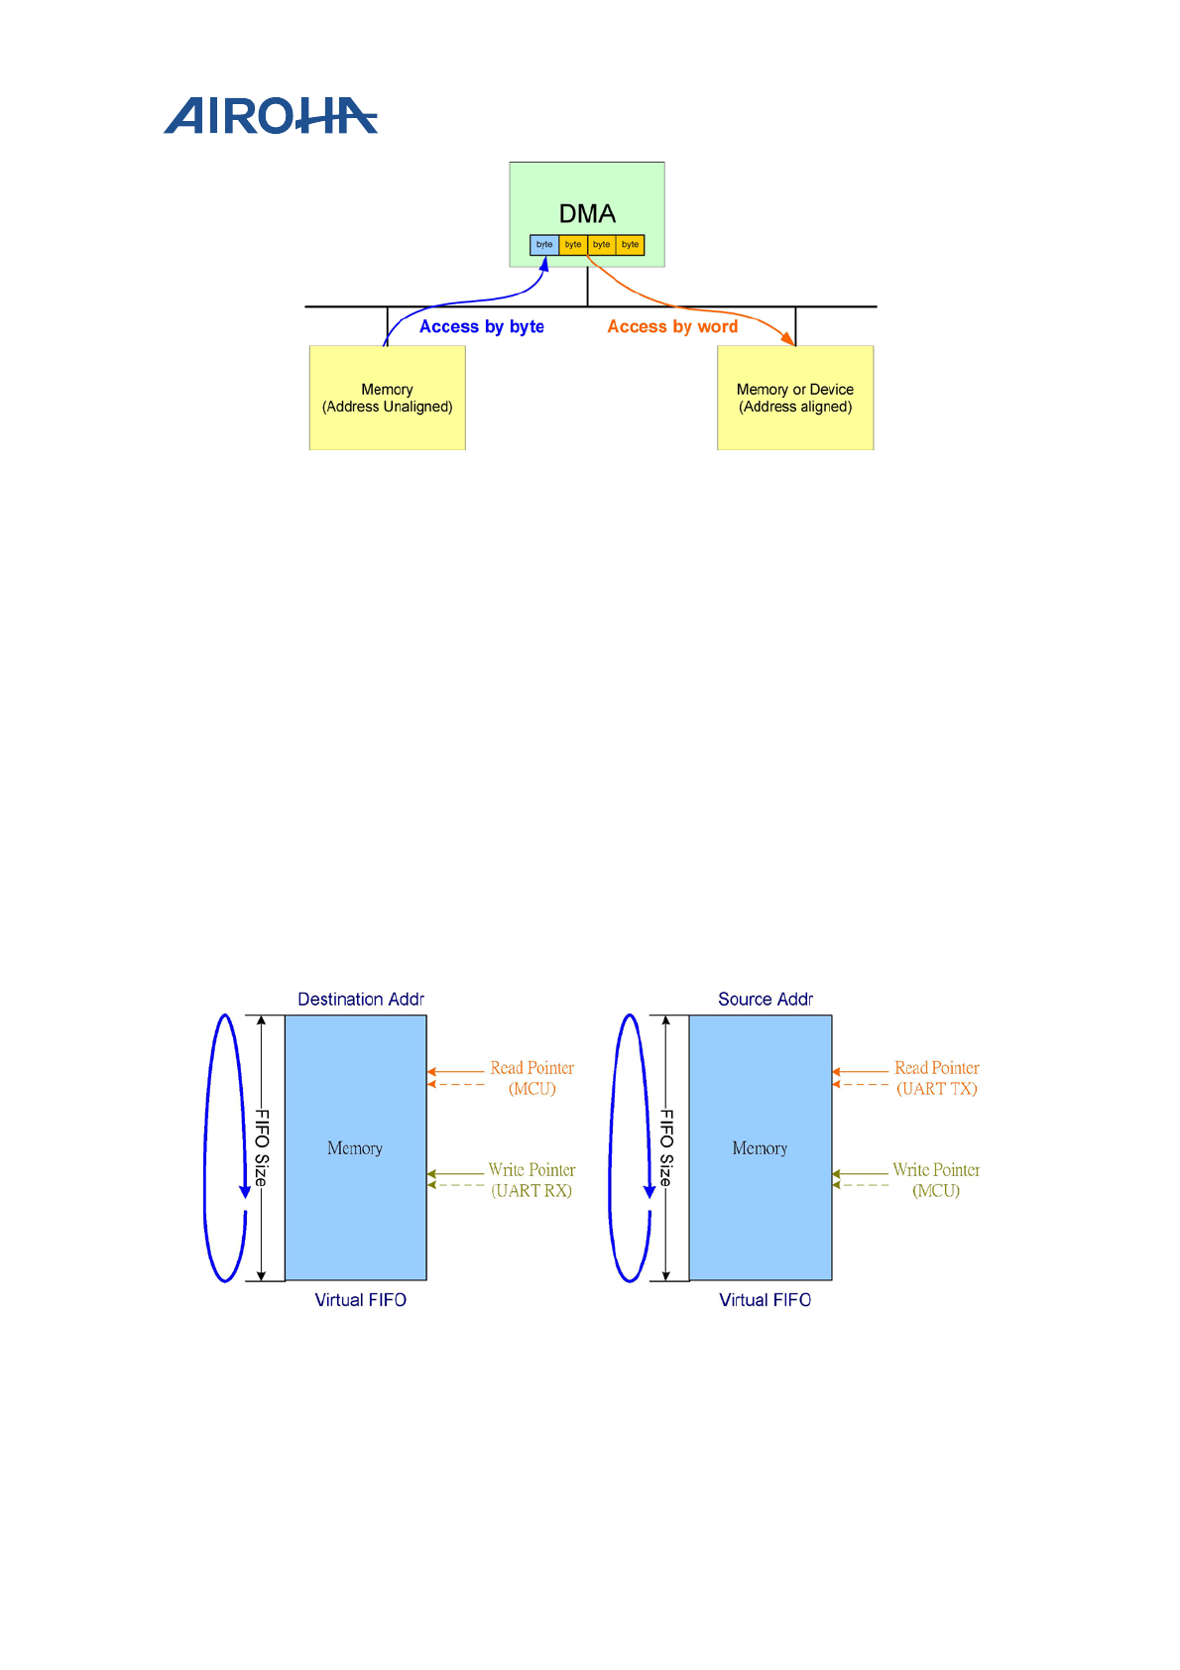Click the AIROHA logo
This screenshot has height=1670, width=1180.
pyautogui.click(x=270, y=116)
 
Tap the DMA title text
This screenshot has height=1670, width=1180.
pyautogui.click(x=587, y=214)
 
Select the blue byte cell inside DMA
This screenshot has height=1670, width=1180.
pyautogui.click(x=544, y=245)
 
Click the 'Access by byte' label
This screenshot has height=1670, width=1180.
pyautogui.click(x=481, y=327)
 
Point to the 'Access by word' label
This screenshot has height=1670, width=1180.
pyautogui.click(x=672, y=327)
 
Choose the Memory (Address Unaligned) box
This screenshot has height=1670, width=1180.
pyautogui.click(x=387, y=398)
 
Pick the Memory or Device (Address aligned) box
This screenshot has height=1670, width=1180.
pyautogui.click(x=795, y=398)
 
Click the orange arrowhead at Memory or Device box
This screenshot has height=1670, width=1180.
pyautogui.click(x=789, y=340)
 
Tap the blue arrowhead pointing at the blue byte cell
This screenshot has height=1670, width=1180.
pyautogui.click(x=544, y=264)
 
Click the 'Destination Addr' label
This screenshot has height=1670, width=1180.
pyautogui.click(x=361, y=1000)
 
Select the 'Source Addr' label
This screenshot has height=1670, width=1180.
pyautogui.click(x=766, y=1000)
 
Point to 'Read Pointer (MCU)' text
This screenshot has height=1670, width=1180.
pyautogui.click(x=531, y=1078)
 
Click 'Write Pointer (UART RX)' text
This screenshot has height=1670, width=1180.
pyautogui.click(x=531, y=1180)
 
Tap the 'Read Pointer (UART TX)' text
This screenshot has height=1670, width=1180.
pyautogui.click(x=936, y=1078)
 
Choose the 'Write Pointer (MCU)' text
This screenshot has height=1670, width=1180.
pyautogui.click(x=935, y=1180)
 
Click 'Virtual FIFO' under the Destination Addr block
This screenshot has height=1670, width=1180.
pyautogui.click(x=361, y=1300)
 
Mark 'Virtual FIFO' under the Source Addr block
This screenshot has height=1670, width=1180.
pyautogui.click(x=766, y=1300)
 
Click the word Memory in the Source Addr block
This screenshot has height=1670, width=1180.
pyautogui.click(x=760, y=1148)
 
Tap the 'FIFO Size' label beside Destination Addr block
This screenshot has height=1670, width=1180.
pyautogui.click(x=262, y=1147)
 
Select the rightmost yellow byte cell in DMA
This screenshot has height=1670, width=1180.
pyautogui.click(x=631, y=245)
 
